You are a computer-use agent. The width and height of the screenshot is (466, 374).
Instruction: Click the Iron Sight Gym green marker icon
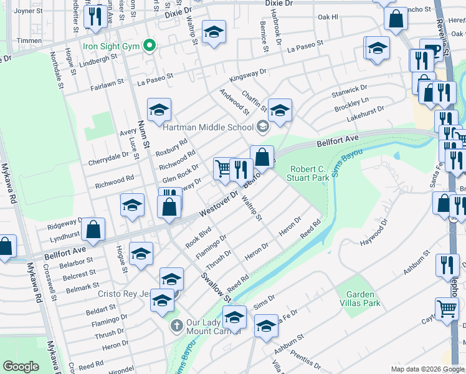point(149,46)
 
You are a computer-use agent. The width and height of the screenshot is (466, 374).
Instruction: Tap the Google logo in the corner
point(21,367)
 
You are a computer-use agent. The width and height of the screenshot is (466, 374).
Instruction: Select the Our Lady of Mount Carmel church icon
point(177,325)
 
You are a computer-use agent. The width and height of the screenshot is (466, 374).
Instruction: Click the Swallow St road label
point(212,284)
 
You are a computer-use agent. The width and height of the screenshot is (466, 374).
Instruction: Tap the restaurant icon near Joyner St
point(94,16)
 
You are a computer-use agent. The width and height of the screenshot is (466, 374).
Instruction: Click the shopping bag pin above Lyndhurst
point(93,229)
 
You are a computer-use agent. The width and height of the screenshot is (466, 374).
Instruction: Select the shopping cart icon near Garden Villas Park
point(447,309)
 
